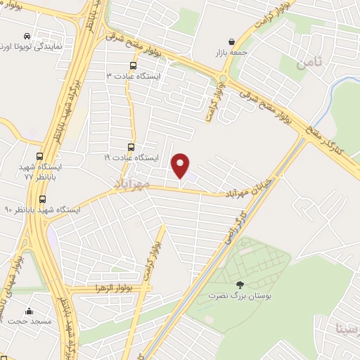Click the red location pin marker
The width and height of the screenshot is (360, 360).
tap(181, 165)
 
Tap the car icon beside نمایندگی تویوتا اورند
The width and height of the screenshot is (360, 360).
tap(27, 35)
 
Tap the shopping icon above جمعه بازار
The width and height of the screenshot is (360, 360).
tap(232, 41)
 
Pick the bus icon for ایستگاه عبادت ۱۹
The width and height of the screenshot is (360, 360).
tap(131, 147)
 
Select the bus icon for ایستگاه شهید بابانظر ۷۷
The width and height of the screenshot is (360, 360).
tap(39, 157)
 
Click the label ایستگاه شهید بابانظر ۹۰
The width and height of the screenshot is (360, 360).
tap(42, 210)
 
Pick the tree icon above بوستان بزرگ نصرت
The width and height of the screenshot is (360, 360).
tap(240, 285)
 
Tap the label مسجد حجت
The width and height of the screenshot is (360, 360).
tap(28, 321)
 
